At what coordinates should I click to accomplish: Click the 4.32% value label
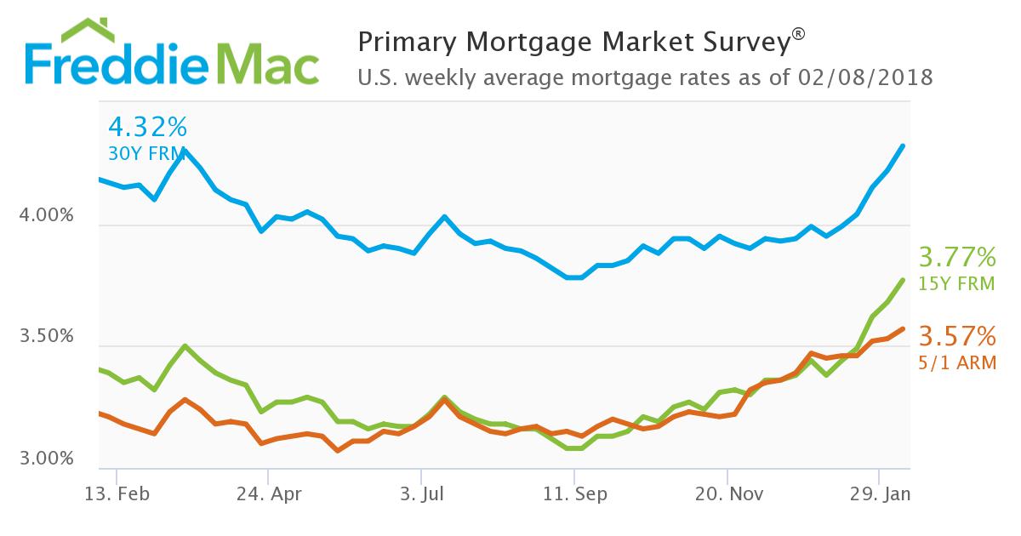(147, 128)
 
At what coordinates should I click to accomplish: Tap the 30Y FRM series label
(141, 154)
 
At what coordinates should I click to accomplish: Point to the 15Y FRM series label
(956, 283)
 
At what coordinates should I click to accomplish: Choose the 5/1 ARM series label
(957, 362)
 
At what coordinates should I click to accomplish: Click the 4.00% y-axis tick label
(46, 217)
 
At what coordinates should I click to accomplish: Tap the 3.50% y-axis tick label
(46, 338)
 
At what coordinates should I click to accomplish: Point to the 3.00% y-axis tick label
(46, 459)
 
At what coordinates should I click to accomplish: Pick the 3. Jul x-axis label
(420, 493)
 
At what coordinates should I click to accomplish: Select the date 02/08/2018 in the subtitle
(866, 77)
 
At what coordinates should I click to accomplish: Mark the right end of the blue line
(903, 146)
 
